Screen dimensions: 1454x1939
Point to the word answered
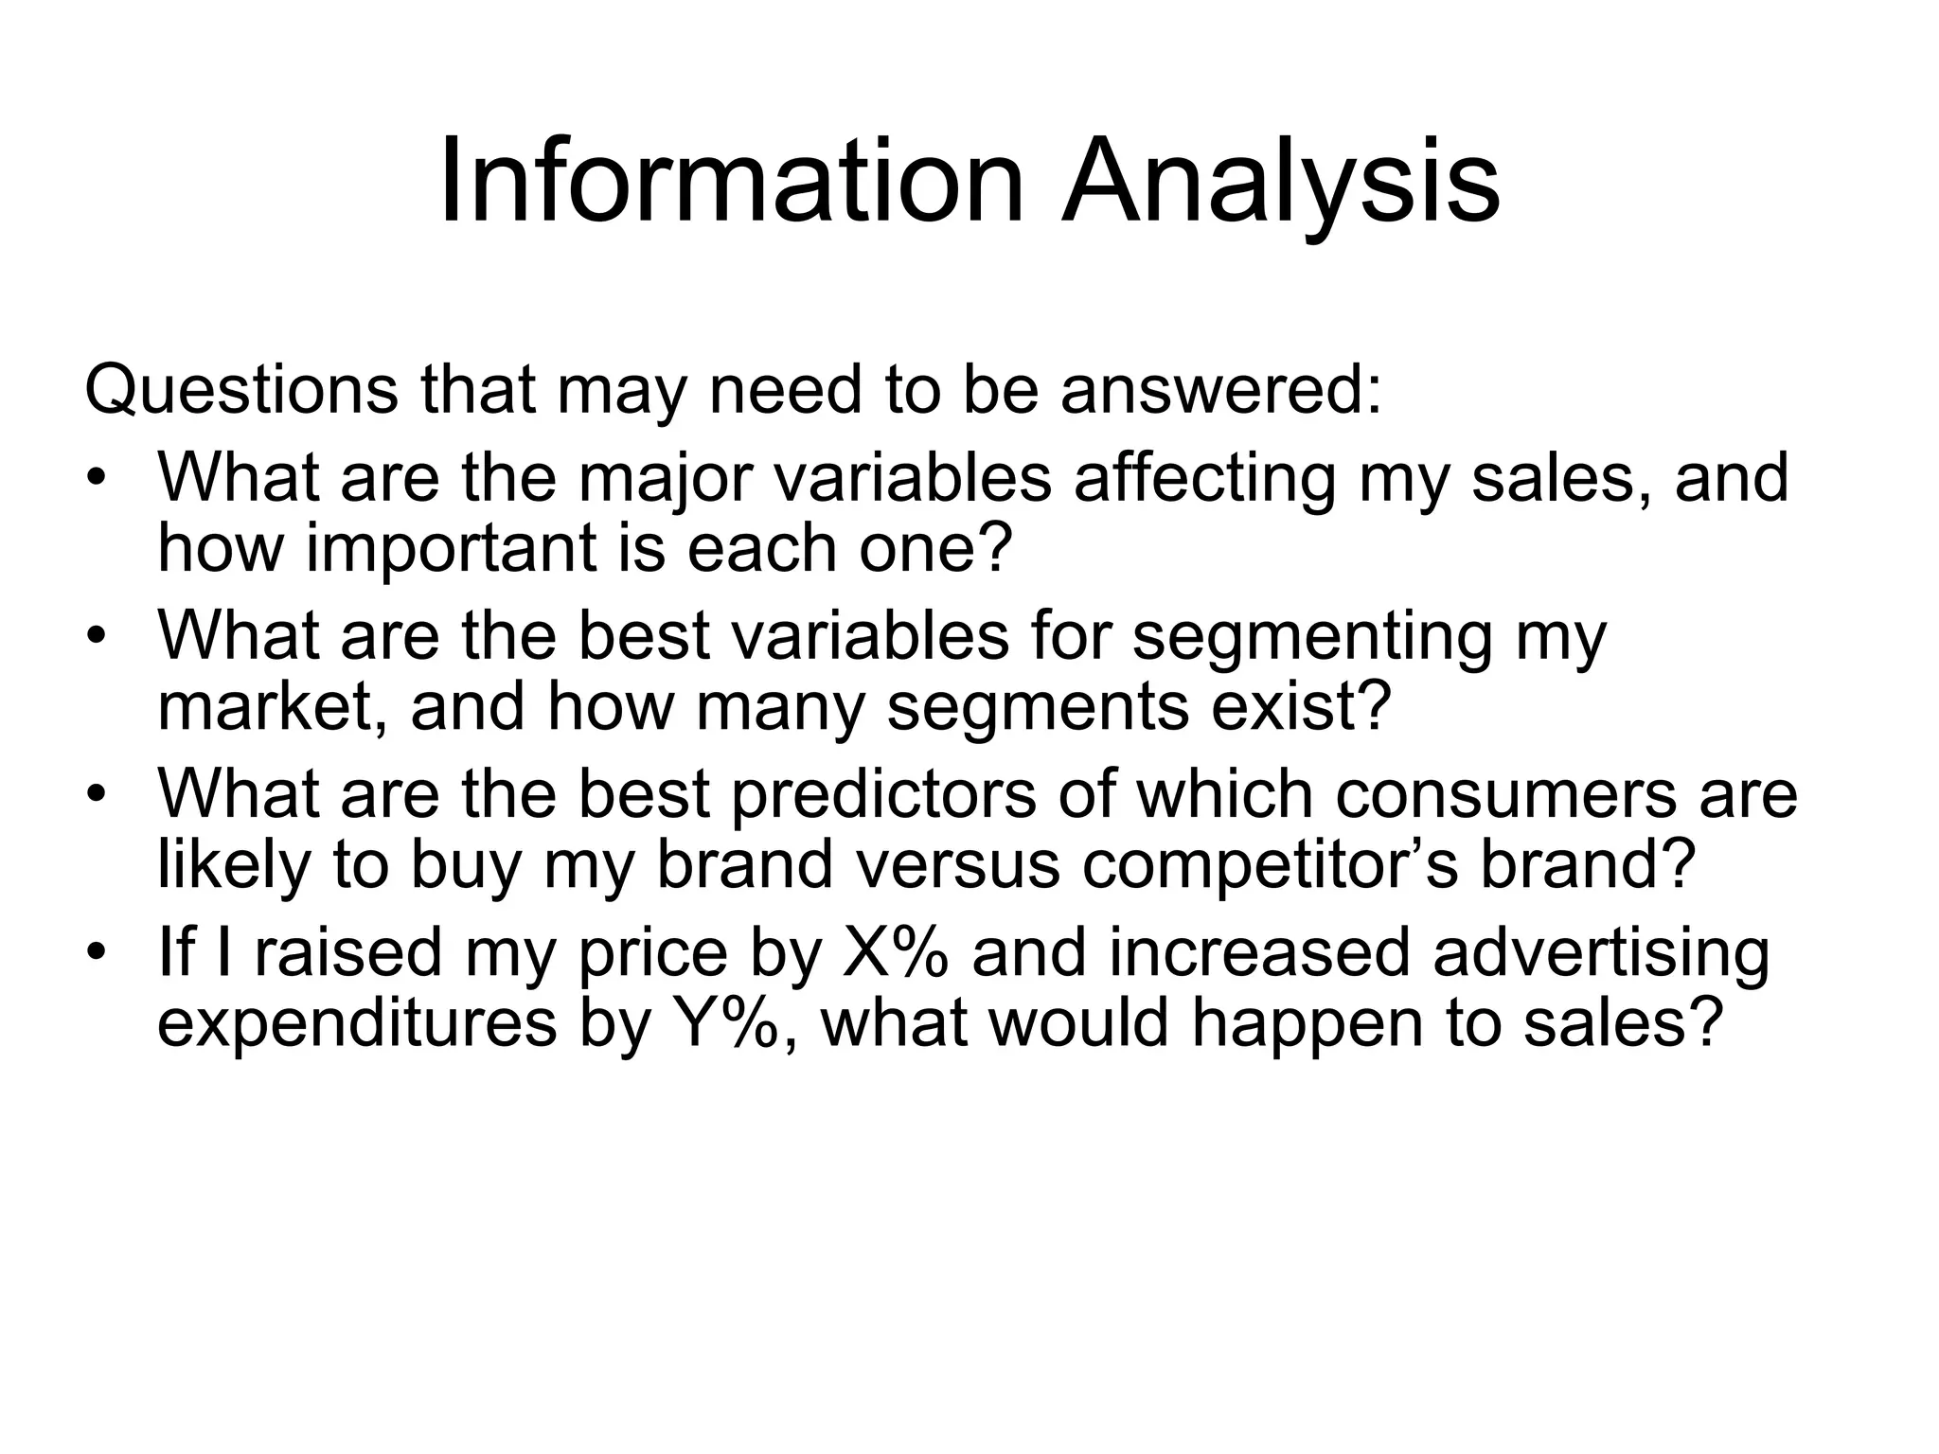(x=1220, y=389)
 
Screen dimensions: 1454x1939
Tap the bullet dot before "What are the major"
(x=96, y=477)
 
